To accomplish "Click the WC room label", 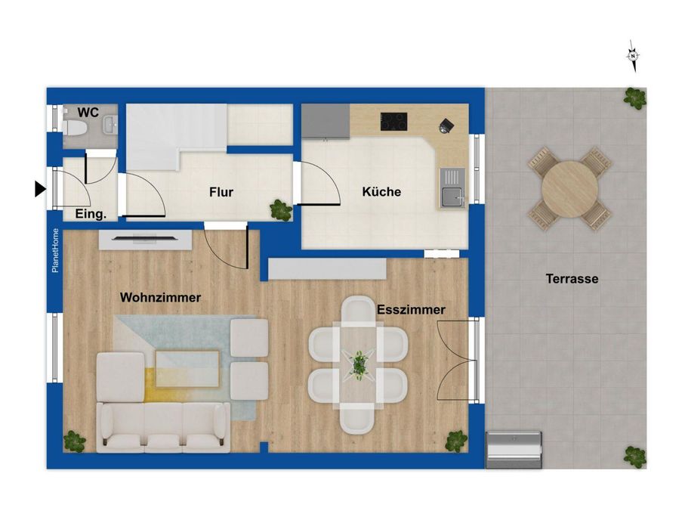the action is [x=88, y=113].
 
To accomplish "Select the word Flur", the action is [x=221, y=192].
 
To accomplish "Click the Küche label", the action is [x=381, y=191].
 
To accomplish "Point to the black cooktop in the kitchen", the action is [x=393, y=122].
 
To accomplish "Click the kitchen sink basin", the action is [x=452, y=197].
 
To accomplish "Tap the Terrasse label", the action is [x=572, y=278].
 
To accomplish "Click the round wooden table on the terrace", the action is [x=569, y=189].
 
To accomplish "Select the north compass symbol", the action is [x=633, y=56].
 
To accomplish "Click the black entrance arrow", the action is [x=40, y=189].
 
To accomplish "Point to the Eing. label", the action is [x=91, y=214].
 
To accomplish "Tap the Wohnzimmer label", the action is [x=160, y=298].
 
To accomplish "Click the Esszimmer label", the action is [x=411, y=309].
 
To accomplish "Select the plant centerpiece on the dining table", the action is [x=359, y=365].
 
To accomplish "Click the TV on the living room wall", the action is [x=145, y=239].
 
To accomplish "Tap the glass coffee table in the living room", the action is [x=187, y=368].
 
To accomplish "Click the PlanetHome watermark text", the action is [x=55, y=250].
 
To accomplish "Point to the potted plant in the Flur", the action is [x=281, y=210].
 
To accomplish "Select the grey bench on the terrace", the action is [x=514, y=450].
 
